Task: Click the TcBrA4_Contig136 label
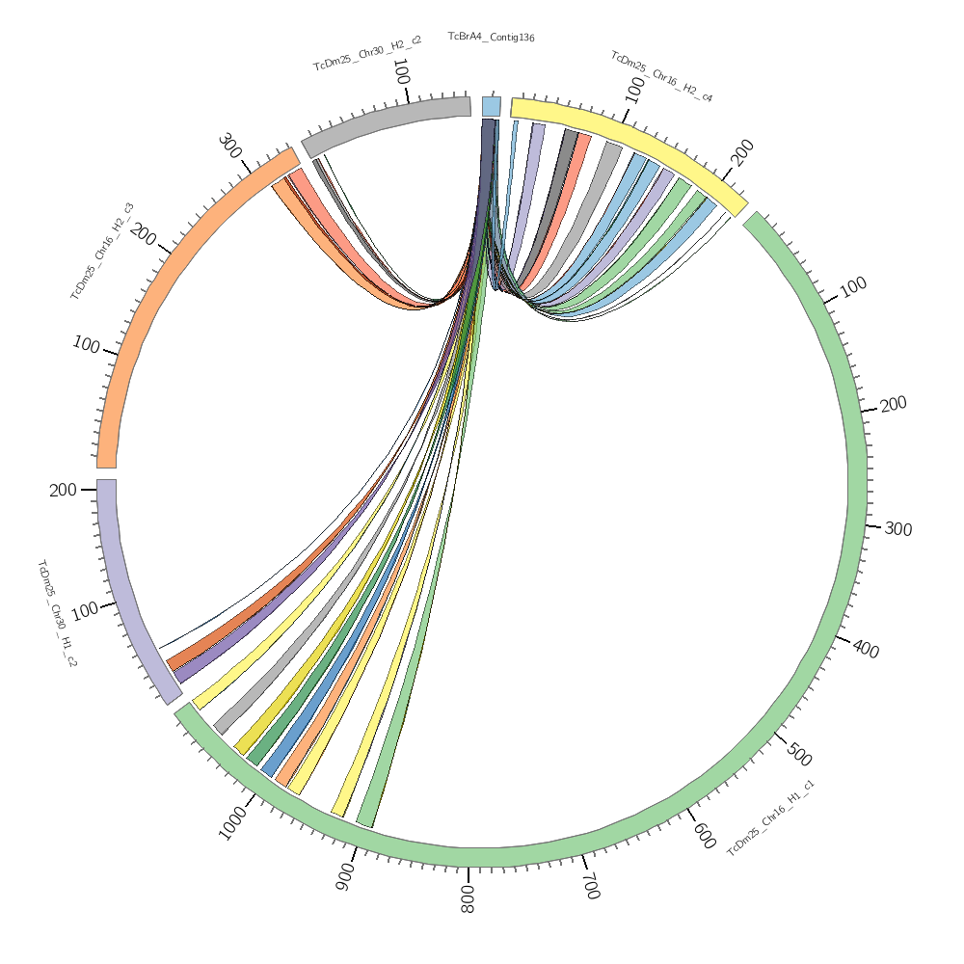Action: (491, 37)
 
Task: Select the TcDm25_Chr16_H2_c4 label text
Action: (661, 76)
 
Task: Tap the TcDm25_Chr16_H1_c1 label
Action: (770, 817)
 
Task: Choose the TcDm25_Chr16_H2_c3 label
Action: (101, 251)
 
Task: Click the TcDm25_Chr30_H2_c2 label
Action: (366, 54)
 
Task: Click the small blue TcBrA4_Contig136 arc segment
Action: (491, 106)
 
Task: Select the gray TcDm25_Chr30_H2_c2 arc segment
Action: (386, 120)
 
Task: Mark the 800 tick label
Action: (469, 892)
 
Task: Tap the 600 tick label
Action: (703, 833)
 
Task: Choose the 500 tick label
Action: (798, 755)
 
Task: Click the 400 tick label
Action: (866, 650)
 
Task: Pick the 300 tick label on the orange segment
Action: (229, 147)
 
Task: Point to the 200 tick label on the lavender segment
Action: (63, 490)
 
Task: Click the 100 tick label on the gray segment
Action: (402, 72)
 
